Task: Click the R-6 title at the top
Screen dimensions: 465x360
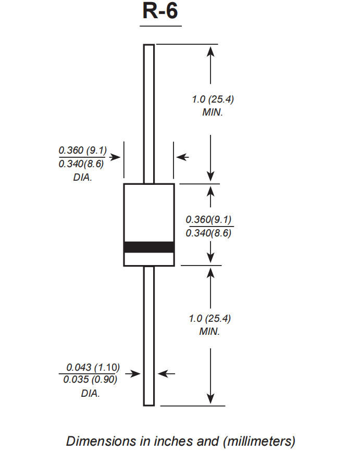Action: (161, 12)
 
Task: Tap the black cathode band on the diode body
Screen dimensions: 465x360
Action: (148, 247)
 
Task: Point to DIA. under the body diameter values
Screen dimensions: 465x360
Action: (82, 177)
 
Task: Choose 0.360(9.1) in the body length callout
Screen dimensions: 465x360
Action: (208, 219)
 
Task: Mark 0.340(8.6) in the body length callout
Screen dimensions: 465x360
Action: (208, 233)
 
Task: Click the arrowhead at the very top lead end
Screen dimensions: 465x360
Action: (210, 51)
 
